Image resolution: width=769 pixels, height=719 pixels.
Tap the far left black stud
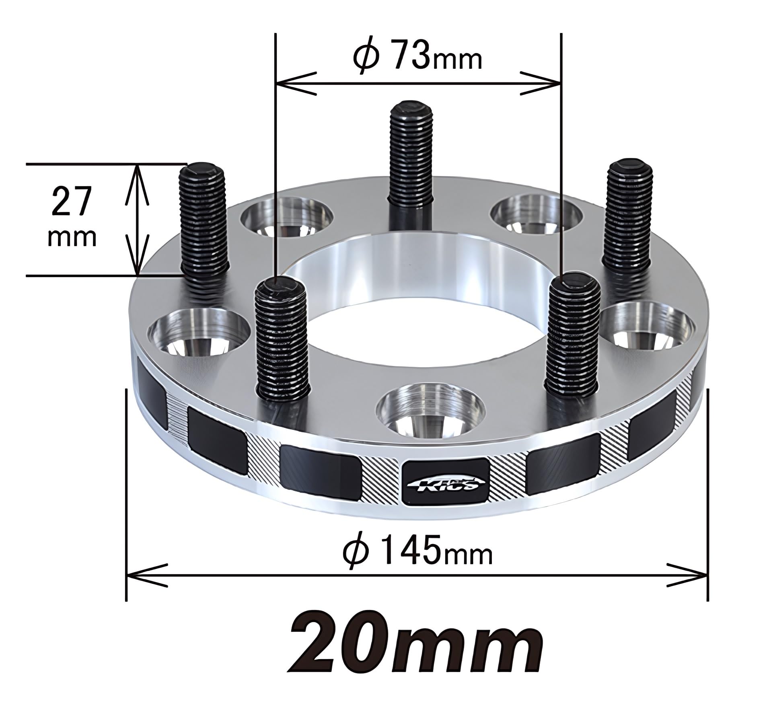click(x=204, y=219)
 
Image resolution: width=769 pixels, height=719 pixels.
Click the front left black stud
click(x=282, y=336)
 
